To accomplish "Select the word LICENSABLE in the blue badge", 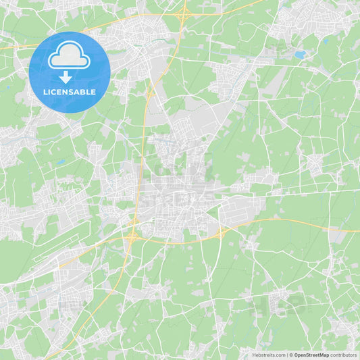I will tap(69, 92).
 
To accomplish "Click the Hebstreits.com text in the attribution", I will tap(269, 355).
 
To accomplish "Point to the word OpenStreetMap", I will tap(311, 355).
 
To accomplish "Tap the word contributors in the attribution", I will tap(343, 355).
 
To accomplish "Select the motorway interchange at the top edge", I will tap(183, 11).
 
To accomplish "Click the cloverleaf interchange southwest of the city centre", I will tap(132, 236).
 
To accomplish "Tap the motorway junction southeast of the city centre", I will tap(222, 233).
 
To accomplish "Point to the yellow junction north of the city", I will tap(149, 94).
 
